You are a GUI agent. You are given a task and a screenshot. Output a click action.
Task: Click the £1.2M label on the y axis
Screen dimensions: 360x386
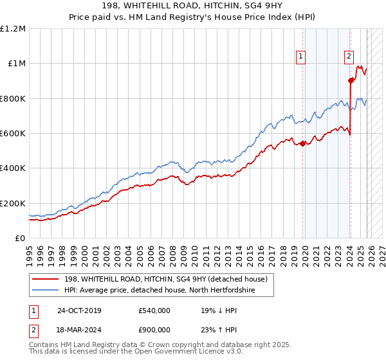tap(13, 29)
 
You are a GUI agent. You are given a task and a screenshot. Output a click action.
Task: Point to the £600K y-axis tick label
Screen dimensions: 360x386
tap(13, 134)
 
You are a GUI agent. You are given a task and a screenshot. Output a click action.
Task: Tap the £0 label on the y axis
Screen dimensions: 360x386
tap(19, 239)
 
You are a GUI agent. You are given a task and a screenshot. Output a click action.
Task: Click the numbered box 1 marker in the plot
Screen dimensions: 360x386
tap(301, 57)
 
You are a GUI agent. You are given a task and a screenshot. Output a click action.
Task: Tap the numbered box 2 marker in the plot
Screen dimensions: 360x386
tap(349, 57)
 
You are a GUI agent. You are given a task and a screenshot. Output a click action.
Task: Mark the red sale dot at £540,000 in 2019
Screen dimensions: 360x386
tap(302, 143)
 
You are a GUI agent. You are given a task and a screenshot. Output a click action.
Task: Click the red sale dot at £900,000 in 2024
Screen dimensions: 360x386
tap(351, 81)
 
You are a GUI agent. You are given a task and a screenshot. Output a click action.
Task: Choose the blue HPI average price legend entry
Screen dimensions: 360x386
tap(159, 290)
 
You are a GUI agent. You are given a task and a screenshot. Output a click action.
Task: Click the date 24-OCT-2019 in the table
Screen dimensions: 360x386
tap(79, 310)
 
